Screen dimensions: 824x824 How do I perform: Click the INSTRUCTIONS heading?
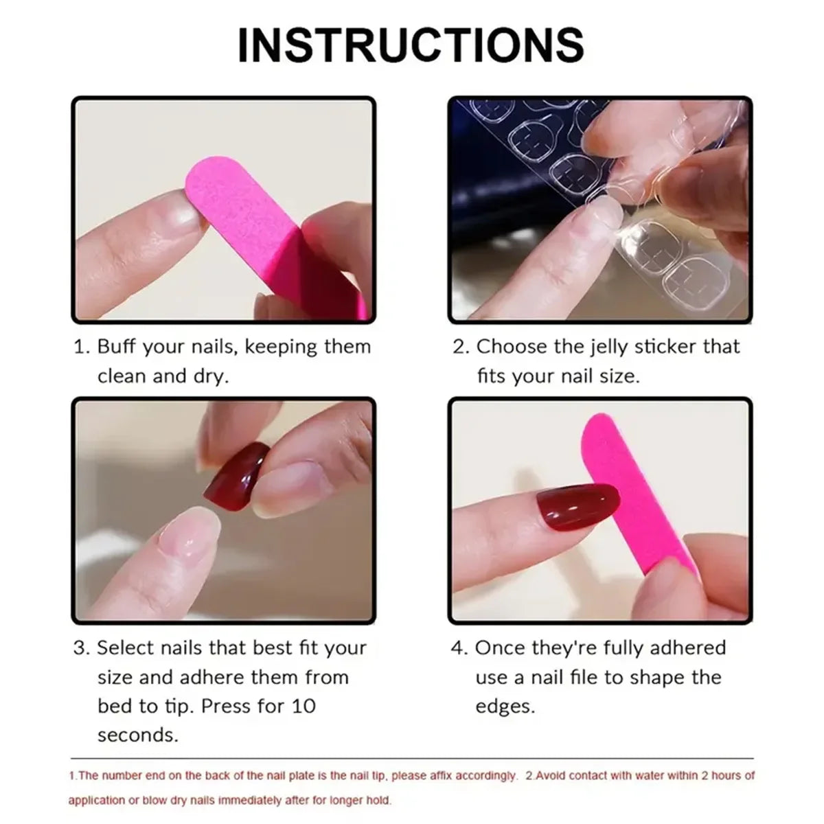[411, 45]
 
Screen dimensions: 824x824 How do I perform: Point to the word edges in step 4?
[504, 707]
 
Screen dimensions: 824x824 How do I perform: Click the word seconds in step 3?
[137, 735]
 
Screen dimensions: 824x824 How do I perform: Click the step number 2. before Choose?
[459, 347]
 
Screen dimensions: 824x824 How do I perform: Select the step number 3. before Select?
[81, 648]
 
